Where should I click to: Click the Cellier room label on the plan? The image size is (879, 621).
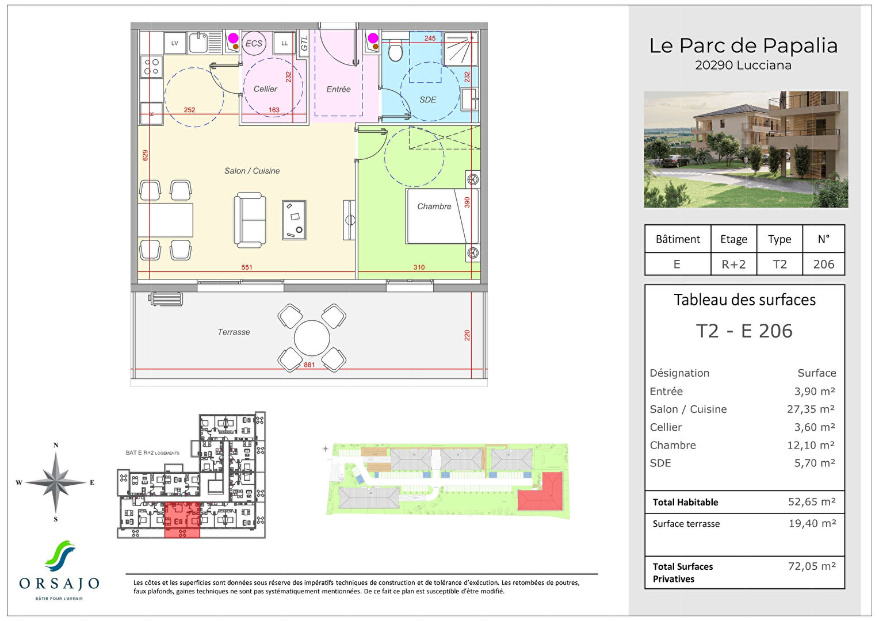265,89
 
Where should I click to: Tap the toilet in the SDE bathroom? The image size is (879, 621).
395,51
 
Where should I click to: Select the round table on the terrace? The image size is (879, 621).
312,338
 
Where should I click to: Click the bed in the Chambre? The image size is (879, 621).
442,216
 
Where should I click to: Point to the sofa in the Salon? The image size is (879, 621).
250,220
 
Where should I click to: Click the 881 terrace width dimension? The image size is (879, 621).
309,365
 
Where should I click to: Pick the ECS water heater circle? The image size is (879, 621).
254,44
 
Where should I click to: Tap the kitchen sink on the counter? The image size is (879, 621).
198,43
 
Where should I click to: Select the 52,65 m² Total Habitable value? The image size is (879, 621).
811,502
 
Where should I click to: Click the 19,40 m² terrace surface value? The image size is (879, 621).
812,523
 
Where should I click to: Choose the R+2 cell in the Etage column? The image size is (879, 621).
733,264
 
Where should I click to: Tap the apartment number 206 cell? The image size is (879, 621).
823,264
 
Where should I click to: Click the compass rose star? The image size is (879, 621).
56,482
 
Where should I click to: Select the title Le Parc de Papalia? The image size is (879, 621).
743,45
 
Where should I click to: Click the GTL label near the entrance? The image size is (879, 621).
304,43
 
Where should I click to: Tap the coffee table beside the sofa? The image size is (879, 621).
294,220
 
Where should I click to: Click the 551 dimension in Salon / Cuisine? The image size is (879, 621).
247,267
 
